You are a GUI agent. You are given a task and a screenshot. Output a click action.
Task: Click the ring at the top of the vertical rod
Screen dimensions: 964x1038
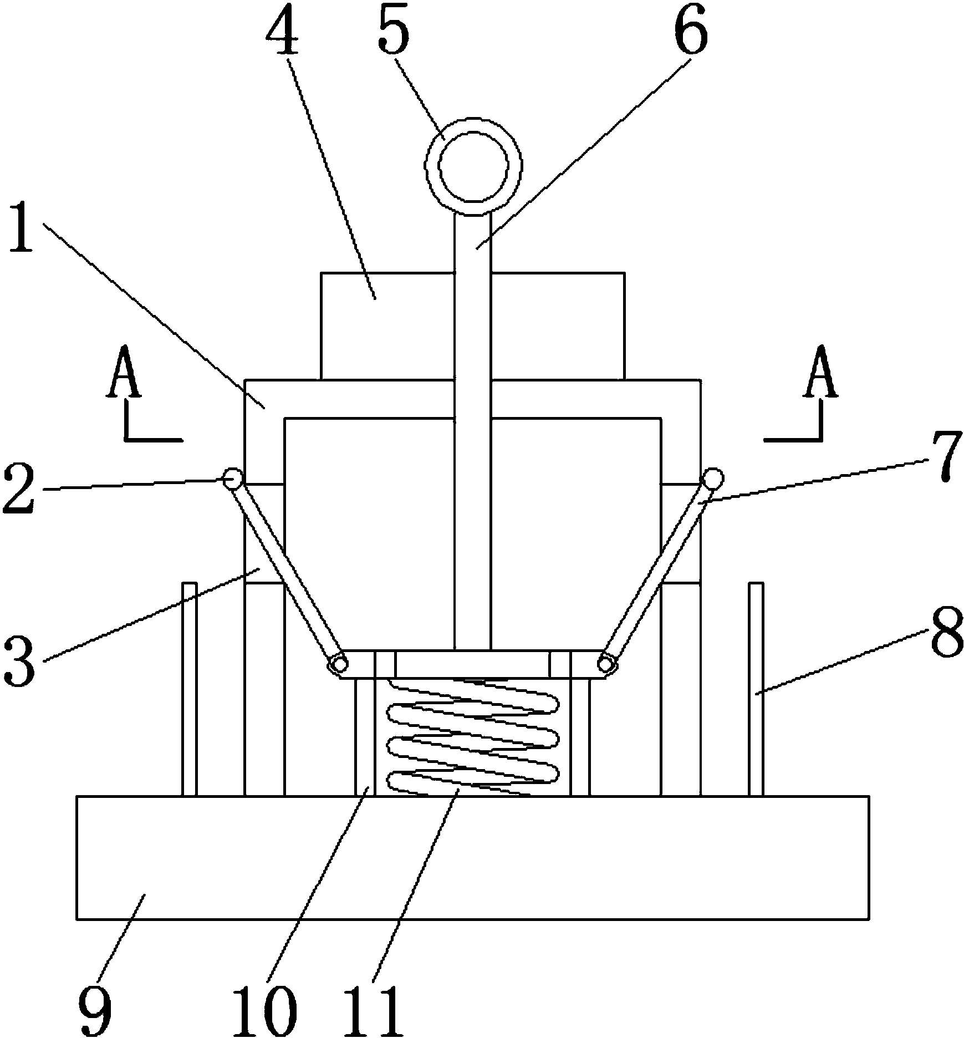click(473, 166)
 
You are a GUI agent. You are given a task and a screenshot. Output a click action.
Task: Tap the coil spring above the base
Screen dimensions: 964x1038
click(472, 737)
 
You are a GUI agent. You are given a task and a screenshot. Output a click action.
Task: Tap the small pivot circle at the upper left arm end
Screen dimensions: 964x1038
click(232, 477)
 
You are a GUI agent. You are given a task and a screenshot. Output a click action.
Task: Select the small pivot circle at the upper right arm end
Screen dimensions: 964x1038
click(713, 477)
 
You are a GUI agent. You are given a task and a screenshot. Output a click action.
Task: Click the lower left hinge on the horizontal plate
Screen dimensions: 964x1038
click(338, 663)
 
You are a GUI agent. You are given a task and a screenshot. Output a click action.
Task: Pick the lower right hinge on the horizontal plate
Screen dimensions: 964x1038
click(608, 663)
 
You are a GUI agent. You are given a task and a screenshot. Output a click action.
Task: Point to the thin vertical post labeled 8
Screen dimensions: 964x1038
click(756, 689)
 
